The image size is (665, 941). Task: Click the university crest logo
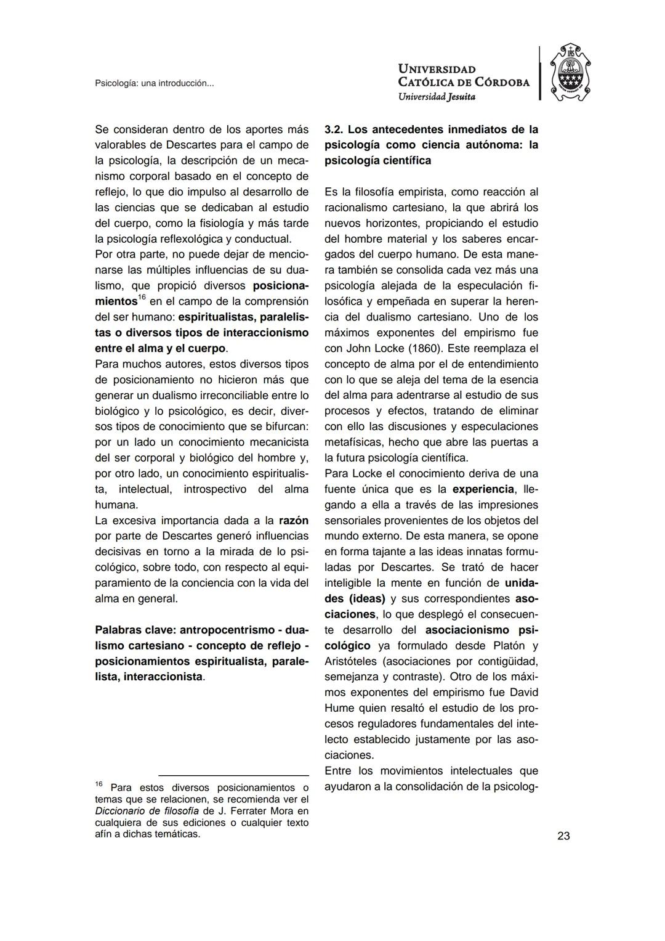pyautogui.click(x=570, y=73)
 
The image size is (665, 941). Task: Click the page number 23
pyautogui.click(x=563, y=836)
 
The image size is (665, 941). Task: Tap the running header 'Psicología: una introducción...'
pyautogui.click(x=155, y=83)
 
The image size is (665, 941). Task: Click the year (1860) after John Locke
pyautogui.click(x=425, y=348)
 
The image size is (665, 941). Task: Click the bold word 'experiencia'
pyautogui.click(x=483, y=489)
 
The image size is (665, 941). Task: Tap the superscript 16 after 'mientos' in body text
pyautogui.click(x=142, y=298)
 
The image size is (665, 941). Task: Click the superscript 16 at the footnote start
pyautogui.click(x=99, y=784)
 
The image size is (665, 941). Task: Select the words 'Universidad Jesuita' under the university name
pyautogui.click(x=437, y=97)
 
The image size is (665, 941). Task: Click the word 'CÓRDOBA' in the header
pyautogui.click(x=502, y=83)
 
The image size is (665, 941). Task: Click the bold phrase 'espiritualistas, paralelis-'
pyautogui.click(x=243, y=317)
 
